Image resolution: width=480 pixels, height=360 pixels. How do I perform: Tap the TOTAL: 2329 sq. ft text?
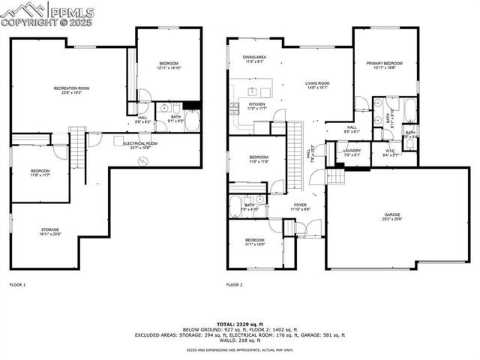(x=240, y=320)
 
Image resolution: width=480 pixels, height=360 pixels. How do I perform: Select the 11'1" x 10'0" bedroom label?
(x=256, y=242)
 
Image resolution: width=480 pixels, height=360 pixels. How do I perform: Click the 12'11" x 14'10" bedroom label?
(x=169, y=65)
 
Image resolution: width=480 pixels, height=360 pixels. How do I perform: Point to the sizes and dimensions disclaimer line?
(x=240, y=349)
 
